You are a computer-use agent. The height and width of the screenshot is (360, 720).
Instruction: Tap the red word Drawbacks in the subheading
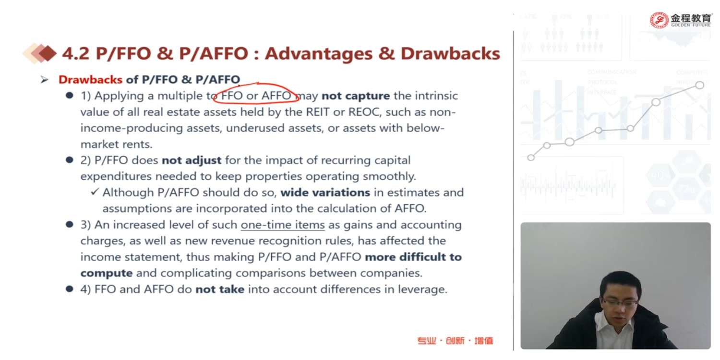coord(90,79)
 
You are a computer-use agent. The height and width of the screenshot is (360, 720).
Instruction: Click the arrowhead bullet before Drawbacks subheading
coord(44,79)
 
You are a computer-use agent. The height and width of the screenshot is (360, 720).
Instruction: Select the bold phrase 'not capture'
coord(356,96)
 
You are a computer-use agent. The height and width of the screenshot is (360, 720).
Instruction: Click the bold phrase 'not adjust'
coord(191,160)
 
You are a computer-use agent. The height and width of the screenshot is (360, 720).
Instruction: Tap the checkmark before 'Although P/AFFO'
coord(95,192)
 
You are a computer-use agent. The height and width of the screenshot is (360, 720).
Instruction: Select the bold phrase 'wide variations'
coord(325,192)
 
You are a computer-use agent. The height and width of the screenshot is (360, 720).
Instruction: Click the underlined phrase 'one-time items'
coord(283,225)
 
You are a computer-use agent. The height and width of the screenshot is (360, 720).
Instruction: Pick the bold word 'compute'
coord(107,273)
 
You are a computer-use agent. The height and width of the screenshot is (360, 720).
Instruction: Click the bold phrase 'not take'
coord(220,289)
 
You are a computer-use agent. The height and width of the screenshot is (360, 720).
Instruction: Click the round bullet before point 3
coord(69,224)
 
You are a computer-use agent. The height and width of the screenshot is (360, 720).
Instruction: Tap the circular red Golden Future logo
coord(659,20)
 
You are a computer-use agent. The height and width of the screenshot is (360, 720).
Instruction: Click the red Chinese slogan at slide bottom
coord(455,340)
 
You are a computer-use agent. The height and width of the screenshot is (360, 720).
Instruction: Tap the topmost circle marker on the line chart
coord(699,85)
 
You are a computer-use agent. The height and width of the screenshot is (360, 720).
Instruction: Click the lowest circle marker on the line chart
coord(531,157)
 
